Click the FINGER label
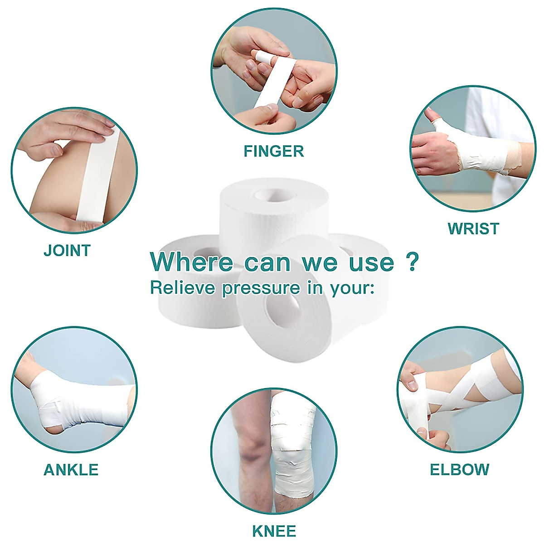pyautogui.click(x=273, y=151)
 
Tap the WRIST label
pyautogui.click(x=473, y=228)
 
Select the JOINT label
pyautogui.click(x=67, y=250)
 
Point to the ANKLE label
pyautogui.click(x=71, y=470)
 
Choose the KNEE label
pyautogui.click(x=274, y=530)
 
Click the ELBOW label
pyautogui.click(x=459, y=470)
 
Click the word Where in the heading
pyautogui.click(x=192, y=262)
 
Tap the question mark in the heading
pyautogui.click(x=411, y=262)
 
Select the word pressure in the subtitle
pyautogui.click(x=261, y=289)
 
